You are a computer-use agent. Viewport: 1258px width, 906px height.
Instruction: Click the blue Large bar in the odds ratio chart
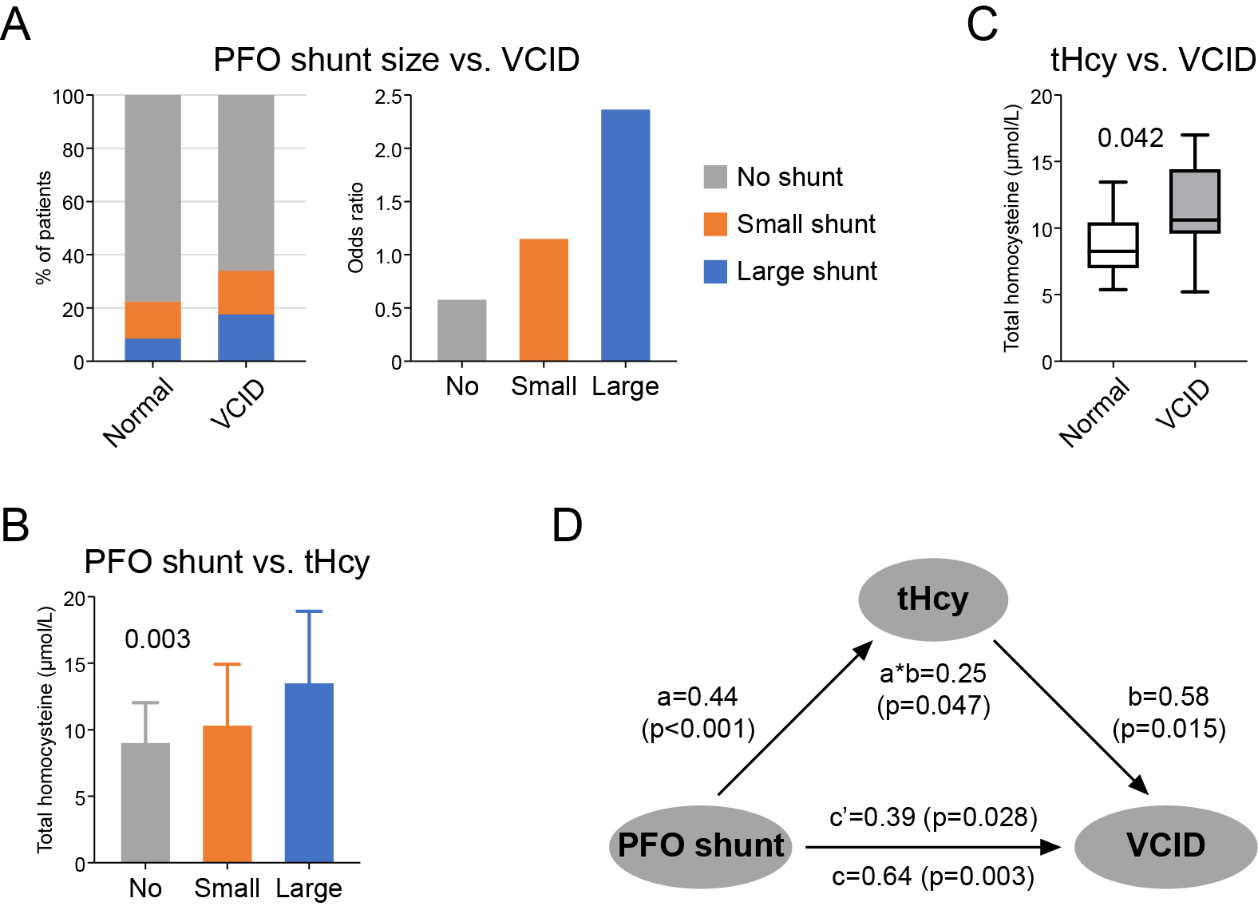coord(625,235)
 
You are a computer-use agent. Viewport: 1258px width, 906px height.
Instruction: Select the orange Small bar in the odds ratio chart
coord(544,300)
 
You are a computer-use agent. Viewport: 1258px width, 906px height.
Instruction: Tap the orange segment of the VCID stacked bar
coord(246,292)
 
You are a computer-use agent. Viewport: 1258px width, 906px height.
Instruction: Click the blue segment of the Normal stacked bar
coord(152,350)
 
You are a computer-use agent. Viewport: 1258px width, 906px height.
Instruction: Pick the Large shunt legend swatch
coord(715,271)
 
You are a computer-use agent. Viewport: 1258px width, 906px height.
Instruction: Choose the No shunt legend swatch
coord(715,176)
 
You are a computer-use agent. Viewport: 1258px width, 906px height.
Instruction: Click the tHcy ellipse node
coord(932,599)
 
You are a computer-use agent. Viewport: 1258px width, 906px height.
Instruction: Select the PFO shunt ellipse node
coord(701,846)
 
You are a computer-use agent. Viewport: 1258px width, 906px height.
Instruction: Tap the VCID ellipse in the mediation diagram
coord(1165,846)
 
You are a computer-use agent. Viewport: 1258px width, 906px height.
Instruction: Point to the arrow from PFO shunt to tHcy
coord(794,718)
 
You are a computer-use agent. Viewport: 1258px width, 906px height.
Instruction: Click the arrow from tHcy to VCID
coord(1070,716)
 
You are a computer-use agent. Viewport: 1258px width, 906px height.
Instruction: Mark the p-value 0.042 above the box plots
coord(1130,138)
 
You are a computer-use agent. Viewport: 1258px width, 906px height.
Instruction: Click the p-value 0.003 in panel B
coord(157,639)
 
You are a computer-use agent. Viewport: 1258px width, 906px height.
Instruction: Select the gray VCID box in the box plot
coord(1195,201)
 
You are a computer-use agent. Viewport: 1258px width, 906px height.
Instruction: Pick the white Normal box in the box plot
coord(1113,245)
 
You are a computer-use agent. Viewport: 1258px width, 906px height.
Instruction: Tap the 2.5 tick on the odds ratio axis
coord(389,97)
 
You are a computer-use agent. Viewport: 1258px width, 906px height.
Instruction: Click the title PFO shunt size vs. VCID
coord(396,60)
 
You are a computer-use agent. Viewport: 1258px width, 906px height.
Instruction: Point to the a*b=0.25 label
coord(932,674)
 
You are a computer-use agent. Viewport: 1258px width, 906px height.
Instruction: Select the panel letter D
coord(568,526)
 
